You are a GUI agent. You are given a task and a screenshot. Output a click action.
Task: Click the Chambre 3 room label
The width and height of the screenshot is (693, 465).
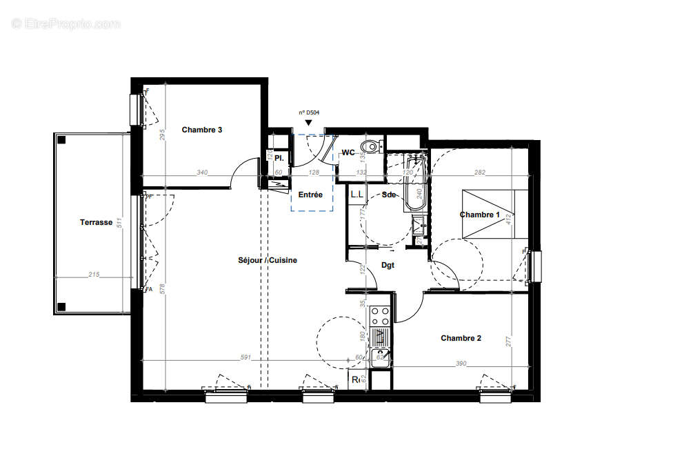point(201,130)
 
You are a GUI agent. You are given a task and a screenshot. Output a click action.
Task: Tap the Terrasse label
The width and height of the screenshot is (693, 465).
point(96,222)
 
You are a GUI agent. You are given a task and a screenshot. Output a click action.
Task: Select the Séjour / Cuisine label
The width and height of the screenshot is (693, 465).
point(268,260)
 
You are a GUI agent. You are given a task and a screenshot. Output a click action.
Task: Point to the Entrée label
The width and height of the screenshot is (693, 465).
point(310,195)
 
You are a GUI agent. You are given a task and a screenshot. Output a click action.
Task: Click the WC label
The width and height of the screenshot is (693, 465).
point(348,152)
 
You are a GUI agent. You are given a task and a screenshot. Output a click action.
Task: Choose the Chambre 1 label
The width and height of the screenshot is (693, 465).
point(480,215)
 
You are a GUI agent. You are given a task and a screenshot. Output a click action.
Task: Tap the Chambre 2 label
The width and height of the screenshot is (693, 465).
point(461,338)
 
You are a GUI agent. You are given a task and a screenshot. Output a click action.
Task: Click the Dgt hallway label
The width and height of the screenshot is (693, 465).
point(388,265)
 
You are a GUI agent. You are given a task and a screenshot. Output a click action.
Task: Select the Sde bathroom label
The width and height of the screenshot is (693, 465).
point(389,195)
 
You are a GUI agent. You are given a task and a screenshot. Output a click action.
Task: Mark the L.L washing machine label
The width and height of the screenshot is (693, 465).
point(356,195)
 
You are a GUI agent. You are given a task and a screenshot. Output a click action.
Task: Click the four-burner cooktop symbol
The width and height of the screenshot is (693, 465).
point(379,317)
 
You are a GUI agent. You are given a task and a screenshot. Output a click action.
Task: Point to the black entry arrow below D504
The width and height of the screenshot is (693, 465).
point(308,123)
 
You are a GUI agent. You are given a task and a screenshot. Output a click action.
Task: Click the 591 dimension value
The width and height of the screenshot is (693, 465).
point(244,358)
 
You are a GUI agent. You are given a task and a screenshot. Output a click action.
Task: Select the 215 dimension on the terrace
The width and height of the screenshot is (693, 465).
point(94,275)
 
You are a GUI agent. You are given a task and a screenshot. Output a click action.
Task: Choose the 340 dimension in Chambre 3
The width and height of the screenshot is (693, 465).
point(202,172)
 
